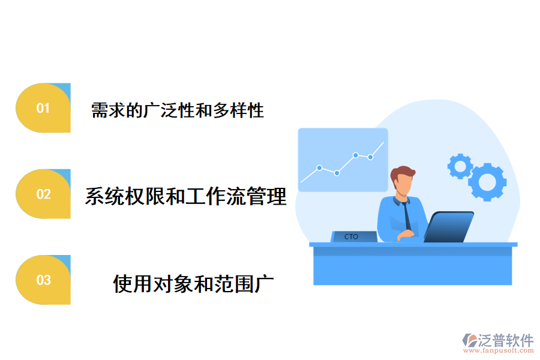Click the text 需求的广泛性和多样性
178,110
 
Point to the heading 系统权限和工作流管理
185,196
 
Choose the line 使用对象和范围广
194,283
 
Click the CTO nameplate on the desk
352,237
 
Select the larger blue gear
487,181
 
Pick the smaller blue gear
460,166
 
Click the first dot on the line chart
319,167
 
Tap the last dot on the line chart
371,157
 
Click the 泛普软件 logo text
506,341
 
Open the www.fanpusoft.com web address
499,352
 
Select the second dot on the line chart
337,173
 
